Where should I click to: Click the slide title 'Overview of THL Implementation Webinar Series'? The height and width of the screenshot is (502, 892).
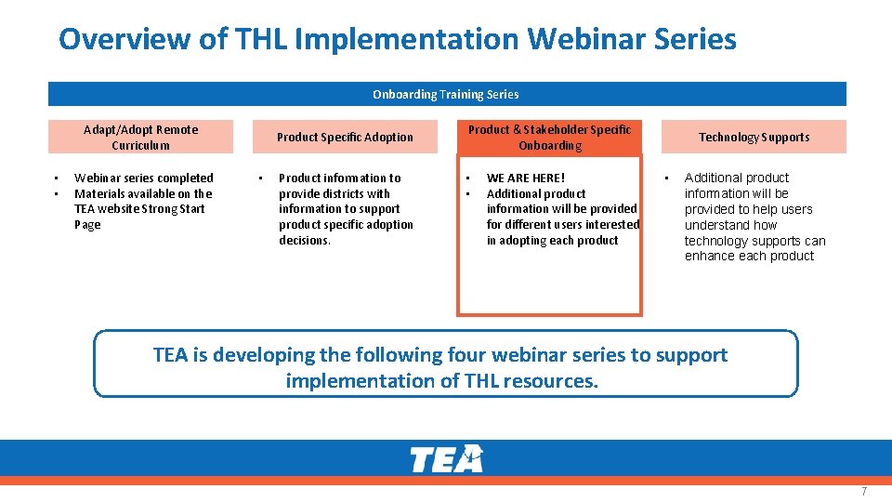pos(397,39)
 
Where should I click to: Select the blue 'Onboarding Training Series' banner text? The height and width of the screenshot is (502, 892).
pos(446,94)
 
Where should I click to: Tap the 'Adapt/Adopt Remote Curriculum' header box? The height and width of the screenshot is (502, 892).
pos(140,137)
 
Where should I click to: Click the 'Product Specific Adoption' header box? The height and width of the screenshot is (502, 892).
pos(345,137)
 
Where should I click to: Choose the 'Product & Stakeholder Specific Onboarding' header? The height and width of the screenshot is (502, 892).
pos(549,137)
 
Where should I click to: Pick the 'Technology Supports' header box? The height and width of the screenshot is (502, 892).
pos(754,137)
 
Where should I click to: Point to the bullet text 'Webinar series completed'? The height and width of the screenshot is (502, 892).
pos(144,178)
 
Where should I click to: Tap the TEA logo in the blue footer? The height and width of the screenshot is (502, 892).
pos(446,459)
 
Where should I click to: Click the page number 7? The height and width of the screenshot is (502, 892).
pos(863,491)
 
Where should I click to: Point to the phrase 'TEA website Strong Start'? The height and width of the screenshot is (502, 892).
pos(139,209)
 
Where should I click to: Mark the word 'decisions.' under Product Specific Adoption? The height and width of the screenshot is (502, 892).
pos(305,240)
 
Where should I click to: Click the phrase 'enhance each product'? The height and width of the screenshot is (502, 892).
pos(749,256)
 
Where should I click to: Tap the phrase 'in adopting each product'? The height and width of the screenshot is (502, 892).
pos(552,240)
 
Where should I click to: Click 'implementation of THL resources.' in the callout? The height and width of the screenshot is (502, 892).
pos(442,381)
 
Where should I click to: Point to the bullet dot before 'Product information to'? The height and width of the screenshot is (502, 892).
pos(261,178)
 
